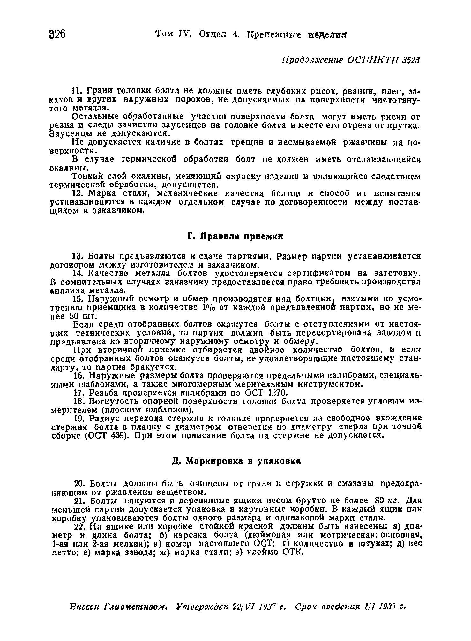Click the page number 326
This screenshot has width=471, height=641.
pos(58,34)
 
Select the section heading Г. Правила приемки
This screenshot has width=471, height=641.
pos(235,237)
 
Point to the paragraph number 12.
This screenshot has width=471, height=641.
pos(78,194)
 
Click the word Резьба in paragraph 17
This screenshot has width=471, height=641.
pos(102,392)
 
